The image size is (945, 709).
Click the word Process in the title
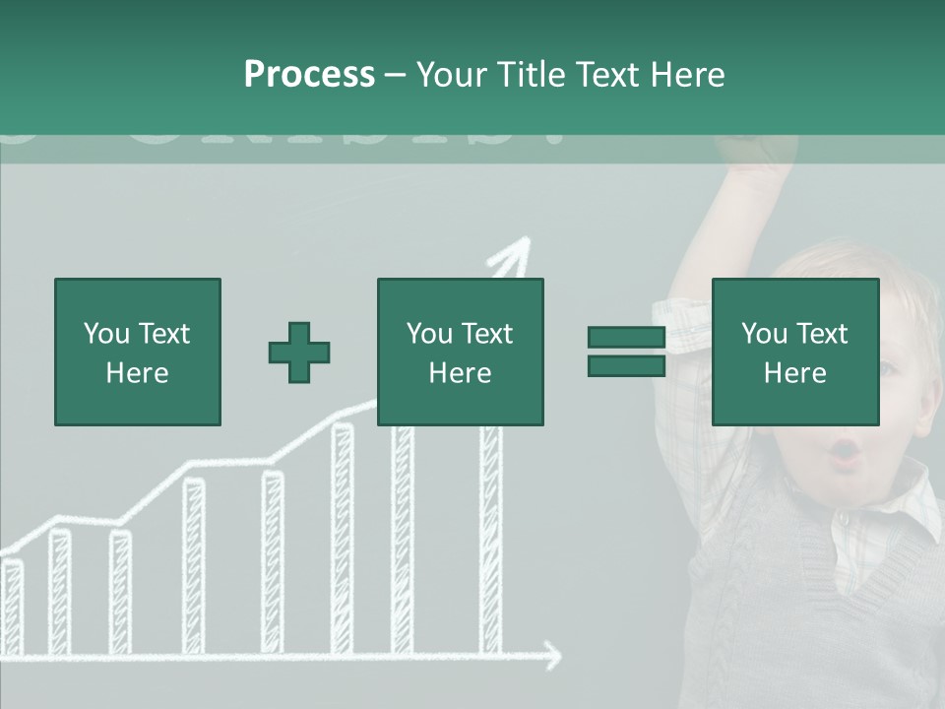pyautogui.click(x=309, y=75)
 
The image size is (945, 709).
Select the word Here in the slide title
pyautogui.click(x=689, y=75)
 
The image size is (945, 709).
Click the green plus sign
pyautogui.click(x=299, y=353)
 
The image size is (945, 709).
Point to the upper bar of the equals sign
pyautogui.click(x=626, y=338)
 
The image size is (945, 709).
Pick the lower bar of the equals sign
pyautogui.click(x=626, y=366)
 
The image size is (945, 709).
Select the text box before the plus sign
pyautogui.click(x=137, y=352)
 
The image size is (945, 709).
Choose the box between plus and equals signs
pyautogui.click(x=460, y=352)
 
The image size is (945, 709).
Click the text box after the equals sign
pyautogui.click(x=794, y=352)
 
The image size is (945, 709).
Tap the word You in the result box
pyautogui.click(x=764, y=334)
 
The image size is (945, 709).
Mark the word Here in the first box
pyautogui.click(x=137, y=373)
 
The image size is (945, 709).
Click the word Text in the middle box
pyautogui.click(x=487, y=334)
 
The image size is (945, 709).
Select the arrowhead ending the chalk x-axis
pyautogui.click(x=551, y=655)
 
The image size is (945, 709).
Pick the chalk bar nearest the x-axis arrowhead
pyautogui.click(x=490, y=542)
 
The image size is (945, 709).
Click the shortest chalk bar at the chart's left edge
pyautogui.click(x=12, y=606)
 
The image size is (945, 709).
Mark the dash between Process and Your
pyautogui.click(x=395, y=75)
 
